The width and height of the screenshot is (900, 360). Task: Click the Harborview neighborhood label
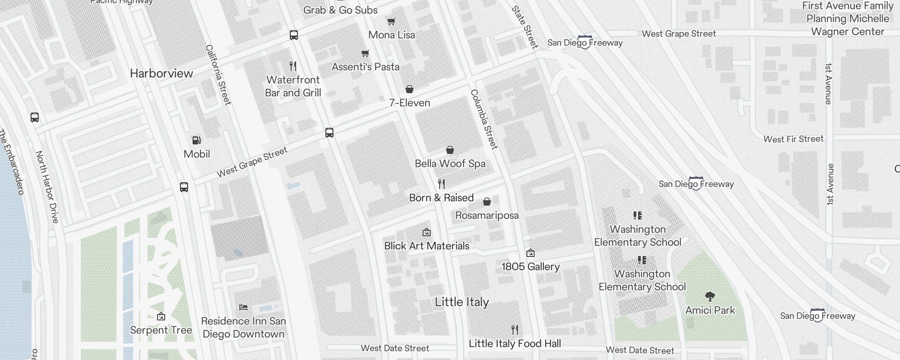click(x=161, y=73)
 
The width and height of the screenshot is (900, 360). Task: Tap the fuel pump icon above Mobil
click(x=197, y=140)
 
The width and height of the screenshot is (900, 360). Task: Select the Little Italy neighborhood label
click(x=462, y=302)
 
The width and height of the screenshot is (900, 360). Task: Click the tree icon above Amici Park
click(x=710, y=297)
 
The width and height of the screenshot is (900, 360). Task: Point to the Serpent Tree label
click(x=161, y=330)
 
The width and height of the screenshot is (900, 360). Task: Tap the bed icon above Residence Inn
click(x=243, y=307)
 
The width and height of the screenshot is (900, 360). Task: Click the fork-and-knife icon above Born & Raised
click(x=441, y=184)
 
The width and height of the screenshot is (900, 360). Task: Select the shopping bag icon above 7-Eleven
click(x=409, y=89)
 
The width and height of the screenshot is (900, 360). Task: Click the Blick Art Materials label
click(x=427, y=246)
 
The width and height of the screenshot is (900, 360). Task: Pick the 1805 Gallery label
click(x=531, y=266)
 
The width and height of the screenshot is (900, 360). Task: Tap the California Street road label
click(x=218, y=75)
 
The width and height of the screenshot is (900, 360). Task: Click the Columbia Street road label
click(x=484, y=119)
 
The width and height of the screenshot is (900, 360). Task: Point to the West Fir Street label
click(x=793, y=139)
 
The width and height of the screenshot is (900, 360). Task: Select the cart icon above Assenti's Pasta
click(x=365, y=54)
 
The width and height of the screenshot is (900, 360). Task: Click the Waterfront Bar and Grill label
click(x=293, y=86)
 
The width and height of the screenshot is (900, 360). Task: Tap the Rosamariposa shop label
click(x=487, y=215)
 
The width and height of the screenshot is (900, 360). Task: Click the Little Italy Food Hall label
click(x=515, y=343)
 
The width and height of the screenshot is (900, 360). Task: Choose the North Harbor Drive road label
click(x=47, y=187)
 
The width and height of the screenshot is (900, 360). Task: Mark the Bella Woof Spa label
click(x=450, y=163)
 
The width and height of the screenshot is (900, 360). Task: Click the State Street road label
click(x=525, y=27)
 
